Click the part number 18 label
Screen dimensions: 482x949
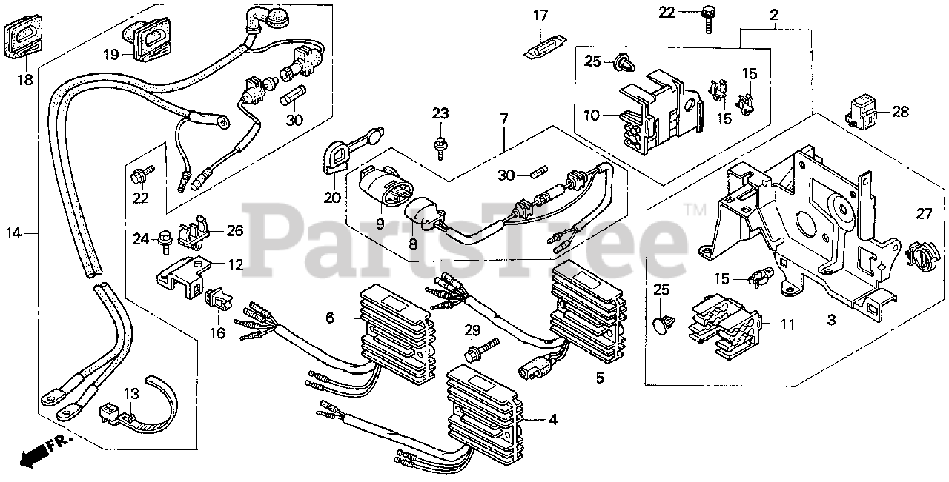25,79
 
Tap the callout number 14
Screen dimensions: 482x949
14,233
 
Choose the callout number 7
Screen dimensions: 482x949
504,118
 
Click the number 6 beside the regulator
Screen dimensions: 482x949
330,317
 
